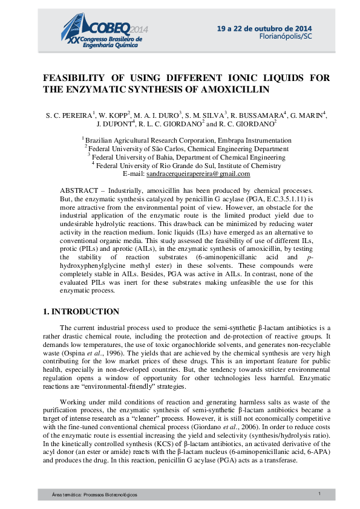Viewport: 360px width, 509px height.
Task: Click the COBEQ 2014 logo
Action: coord(106,31)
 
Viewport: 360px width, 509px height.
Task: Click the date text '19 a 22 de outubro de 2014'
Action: coord(264,28)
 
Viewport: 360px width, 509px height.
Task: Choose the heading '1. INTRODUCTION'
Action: coord(81,312)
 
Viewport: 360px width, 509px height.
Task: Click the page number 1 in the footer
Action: coord(319,494)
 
